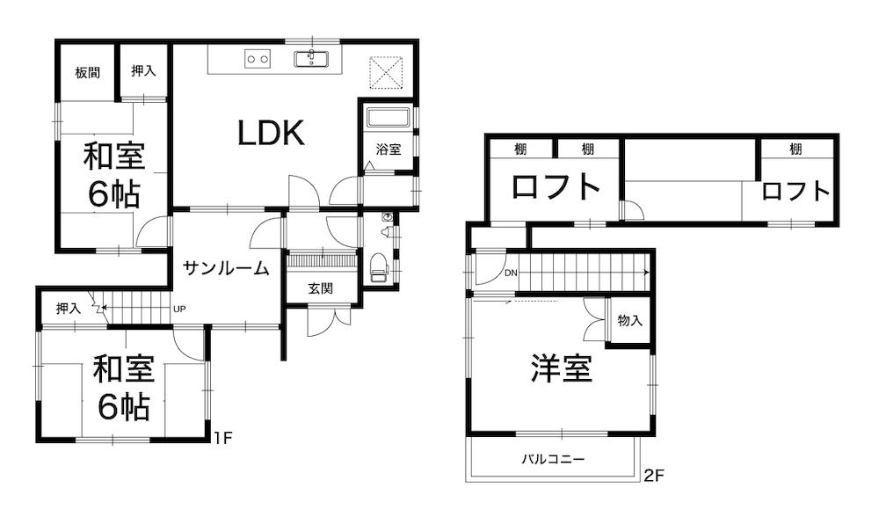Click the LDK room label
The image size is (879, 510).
pyautogui.click(x=271, y=134)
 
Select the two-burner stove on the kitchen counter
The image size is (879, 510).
pyautogui.click(x=258, y=59)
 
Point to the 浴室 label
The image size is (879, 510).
pyautogui.click(x=389, y=149)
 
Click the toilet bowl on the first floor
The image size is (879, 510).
pyautogui.click(x=379, y=265)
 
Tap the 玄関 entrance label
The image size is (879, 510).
pyautogui.click(x=320, y=288)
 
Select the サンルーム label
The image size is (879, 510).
pyautogui.click(x=226, y=269)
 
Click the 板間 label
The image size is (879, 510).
pyautogui.click(x=87, y=72)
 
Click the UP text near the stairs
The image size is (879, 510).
pyautogui.click(x=180, y=309)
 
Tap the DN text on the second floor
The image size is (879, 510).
pyautogui.click(x=512, y=273)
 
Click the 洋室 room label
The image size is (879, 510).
pyautogui.click(x=561, y=368)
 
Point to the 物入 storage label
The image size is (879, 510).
pyautogui.click(x=630, y=321)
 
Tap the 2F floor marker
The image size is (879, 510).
pyautogui.click(x=652, y=477)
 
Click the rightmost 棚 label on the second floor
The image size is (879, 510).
pyautogui.click(x=795, y=149)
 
